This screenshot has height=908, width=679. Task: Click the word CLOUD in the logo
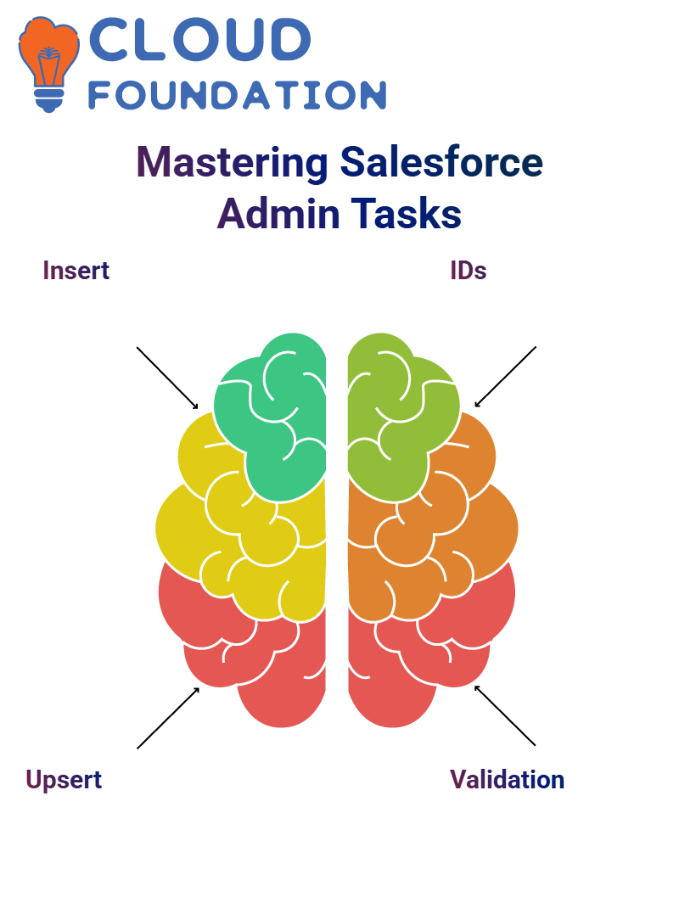(x=200, y=39)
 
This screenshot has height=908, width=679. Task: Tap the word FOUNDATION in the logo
(x=237, y=95)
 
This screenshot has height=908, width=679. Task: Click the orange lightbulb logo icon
(x=48, y=64)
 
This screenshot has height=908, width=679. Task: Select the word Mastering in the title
(x=233, y=163)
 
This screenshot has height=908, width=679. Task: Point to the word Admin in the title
(x=278, y=214)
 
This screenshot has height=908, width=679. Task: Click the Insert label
(x=76, y=271)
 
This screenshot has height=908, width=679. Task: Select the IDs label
(x=469, y=271)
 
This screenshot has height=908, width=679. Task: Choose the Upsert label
(x=64, y=781)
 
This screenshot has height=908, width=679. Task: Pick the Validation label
(x=507, y=780)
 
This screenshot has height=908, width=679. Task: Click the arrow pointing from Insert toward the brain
(x=167, y=378)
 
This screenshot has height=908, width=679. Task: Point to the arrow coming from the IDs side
(x=505, y=377)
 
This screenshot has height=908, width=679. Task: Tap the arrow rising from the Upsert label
(x=168, y=718)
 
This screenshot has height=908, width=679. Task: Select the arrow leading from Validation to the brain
(x=505, y=715)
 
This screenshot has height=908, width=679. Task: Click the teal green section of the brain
(x=278, y=417)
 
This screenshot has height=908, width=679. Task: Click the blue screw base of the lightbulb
(x=49, y=100)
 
